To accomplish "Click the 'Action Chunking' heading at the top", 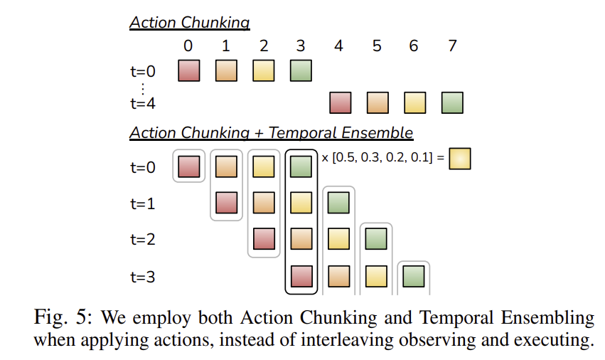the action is pyautogui.click(x=189, y=23).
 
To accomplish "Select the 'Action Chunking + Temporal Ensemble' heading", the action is pyautogui.click(x=272, y=132).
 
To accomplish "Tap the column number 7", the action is pyautogui.click(x=452, y=46).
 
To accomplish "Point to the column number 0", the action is pyautogui.click(x=188, y=46).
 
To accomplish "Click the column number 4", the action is pyautogui.click(x=338, y=46).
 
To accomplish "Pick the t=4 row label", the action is pyautogui.click(x=143, y=104).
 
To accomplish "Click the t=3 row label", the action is pyautogui.click(x=143, y=277).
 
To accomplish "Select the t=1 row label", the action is pyautogui.click(x=143, y=203).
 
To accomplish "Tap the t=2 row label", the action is pyautogui.click(x=143, y=240).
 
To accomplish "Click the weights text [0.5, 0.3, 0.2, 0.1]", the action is pyautogui.click(x=382, y=158).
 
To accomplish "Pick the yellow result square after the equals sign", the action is pyautogui.click(x=460, y=159).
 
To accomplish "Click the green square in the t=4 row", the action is pyautogui.click(x=452, y=102).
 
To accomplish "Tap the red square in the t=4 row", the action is pyautogui.click(x=341, y=102).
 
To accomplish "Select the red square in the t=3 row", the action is pyautogui.click(x=301, y=276).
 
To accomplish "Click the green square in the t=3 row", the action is pyautogui.click(x=414, y=276).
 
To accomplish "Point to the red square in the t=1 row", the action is pyautogui.click(x=227, y=203).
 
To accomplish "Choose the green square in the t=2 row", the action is pyautogui.click(x=376, y=239).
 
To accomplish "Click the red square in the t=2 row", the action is pyautogui.click(x=264, y=239).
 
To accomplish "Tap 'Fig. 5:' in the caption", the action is pyautogui.click(x=63, y=317).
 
